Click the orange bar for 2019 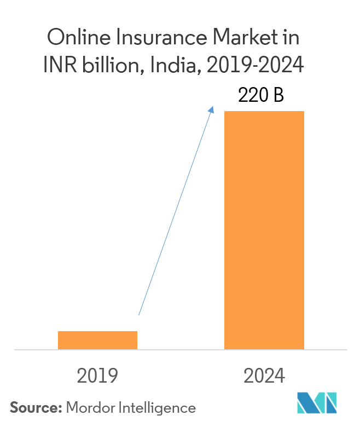97,340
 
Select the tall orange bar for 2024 264,230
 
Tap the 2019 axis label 98,376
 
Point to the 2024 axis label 264,376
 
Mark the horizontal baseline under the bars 181,350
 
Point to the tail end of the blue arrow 139,315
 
